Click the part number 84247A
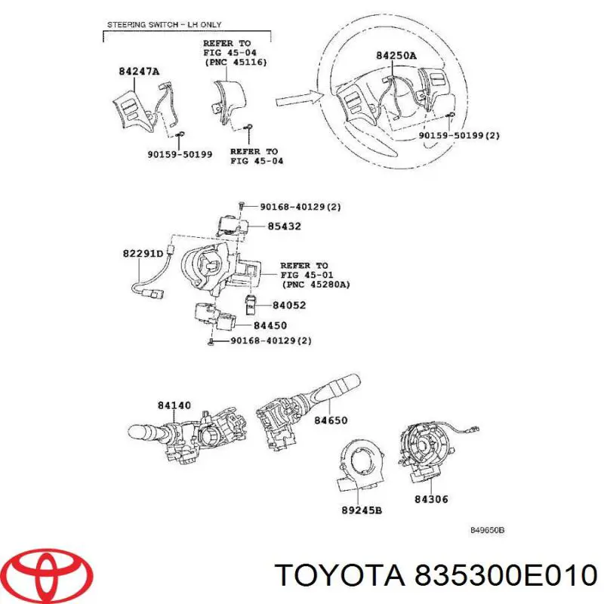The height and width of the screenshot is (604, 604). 139,72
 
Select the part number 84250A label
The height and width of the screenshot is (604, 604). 396,55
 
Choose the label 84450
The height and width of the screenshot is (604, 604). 270,325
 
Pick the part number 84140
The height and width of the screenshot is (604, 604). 174,405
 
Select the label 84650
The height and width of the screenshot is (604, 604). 331,419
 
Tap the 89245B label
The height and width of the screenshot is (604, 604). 362,510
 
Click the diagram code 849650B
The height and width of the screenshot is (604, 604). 487,530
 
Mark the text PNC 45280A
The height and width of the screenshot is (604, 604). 317,285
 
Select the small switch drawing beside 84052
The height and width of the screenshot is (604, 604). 253,304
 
